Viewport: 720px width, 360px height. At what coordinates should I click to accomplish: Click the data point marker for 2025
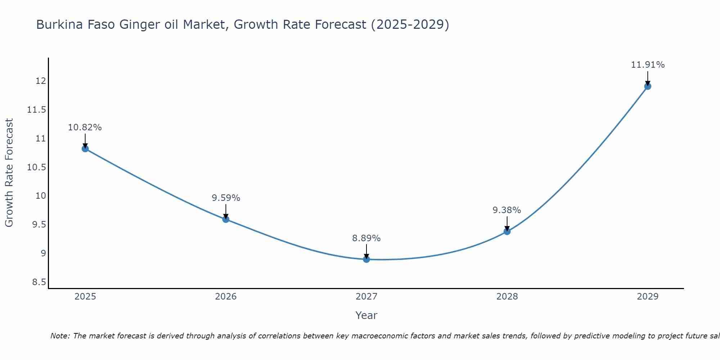[85, 149]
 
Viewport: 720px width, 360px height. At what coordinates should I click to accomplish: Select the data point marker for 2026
[226, 219]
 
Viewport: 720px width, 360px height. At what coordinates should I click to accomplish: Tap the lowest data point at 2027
[366, 259]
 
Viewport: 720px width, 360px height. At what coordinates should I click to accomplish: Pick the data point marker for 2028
[507, 231]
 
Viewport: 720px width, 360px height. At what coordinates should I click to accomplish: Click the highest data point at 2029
[648, 86]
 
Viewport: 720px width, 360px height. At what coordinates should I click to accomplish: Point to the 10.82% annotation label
[85, 127]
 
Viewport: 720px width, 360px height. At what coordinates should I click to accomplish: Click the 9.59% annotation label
[226, 198]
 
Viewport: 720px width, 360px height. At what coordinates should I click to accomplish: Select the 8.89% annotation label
[366, 238]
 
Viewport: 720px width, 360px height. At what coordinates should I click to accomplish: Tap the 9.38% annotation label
[507, 210]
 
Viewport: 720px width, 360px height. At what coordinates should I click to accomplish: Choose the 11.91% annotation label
[648, 65]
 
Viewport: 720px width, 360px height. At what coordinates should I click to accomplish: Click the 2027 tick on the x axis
[366, 297]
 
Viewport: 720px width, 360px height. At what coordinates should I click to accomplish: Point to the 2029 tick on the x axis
[648, 297]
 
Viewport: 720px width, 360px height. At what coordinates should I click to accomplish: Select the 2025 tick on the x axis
[85, 297]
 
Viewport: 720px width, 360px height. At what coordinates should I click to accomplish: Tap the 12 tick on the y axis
[41, 81]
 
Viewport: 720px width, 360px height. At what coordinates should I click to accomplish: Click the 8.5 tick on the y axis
[39, 282]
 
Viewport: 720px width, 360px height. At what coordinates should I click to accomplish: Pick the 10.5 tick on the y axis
[37, 167]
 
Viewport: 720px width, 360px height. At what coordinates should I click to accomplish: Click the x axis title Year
[366, 316]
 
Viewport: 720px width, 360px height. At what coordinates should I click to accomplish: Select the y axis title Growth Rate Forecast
[9, 173]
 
